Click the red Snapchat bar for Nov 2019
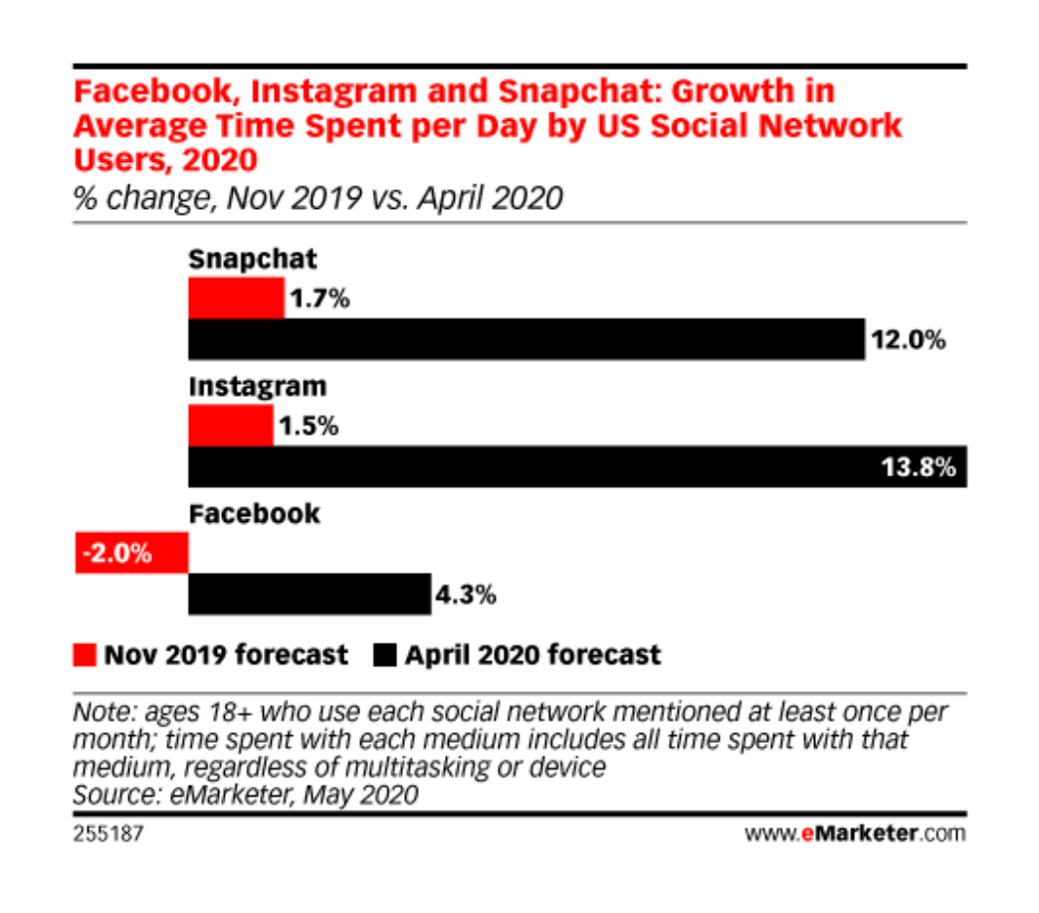click(x=236, y=298)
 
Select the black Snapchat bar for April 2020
click(x=526, y=339)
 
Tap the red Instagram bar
click(x=230, y=426)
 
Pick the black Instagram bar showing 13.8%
click(x=577, y=466)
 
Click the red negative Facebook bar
click(x=131, y=553)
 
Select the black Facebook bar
click(x=310, y=594)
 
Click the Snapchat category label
click(x=253, y=260)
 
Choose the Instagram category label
click(x=257, y=386)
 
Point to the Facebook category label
click(x=255, y=513)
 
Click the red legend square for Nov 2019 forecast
click(x=87, y=654)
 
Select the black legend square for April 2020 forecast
click(x=384, y=654)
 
